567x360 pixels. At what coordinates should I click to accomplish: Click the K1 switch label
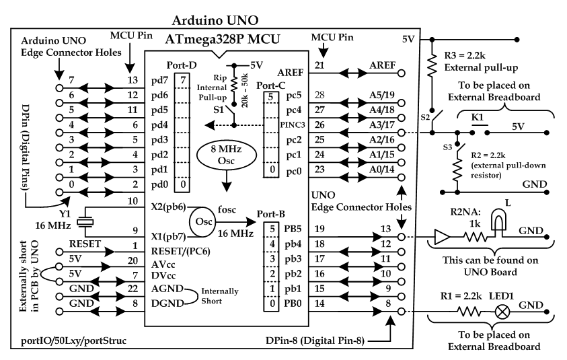(x=478, y=117)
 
